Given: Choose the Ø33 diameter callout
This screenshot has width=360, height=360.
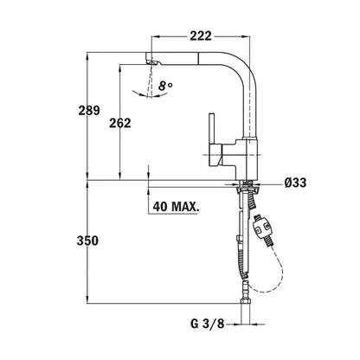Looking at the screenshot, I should click(293, 182).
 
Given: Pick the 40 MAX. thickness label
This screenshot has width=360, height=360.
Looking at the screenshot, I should click(176, 208).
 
